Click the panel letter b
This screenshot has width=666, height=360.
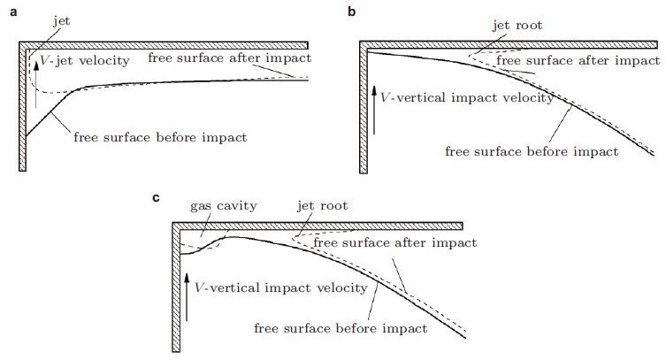pos(353,11)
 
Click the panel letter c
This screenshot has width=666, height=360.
pos(157,197)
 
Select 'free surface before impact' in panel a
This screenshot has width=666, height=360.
pos(160,137)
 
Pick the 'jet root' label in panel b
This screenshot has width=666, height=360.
pos(517,27)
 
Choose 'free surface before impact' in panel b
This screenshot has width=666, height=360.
pos(532,151)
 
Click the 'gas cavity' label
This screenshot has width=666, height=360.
pos(224,205)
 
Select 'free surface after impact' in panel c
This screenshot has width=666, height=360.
pos(395,241)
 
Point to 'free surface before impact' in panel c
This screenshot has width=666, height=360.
pos(341,328)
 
